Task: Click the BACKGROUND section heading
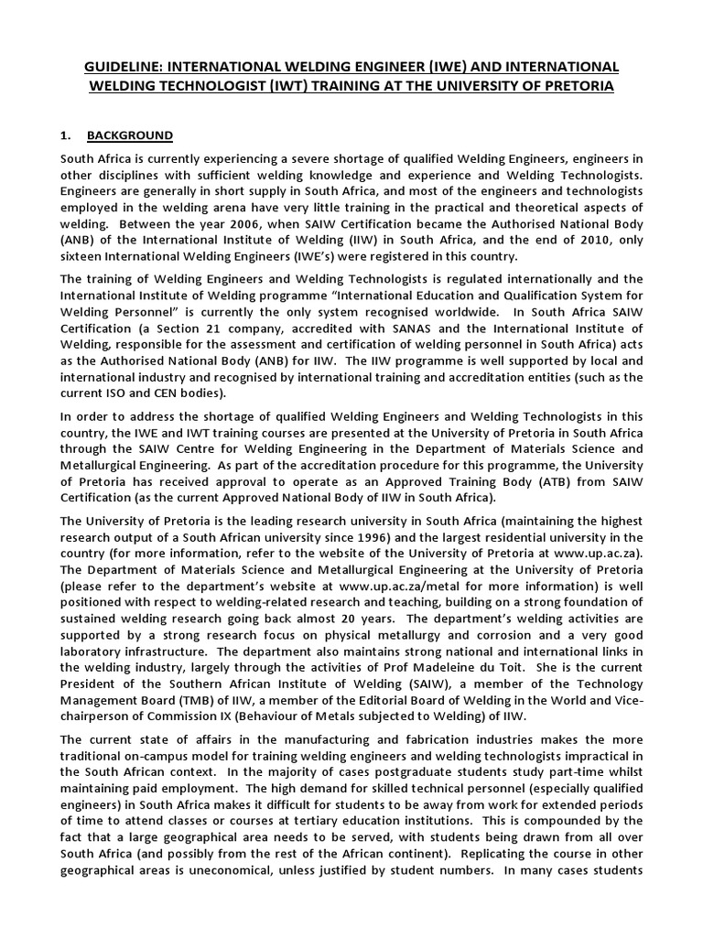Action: (x=130, y=135)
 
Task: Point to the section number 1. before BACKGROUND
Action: (x=65, y=135)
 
